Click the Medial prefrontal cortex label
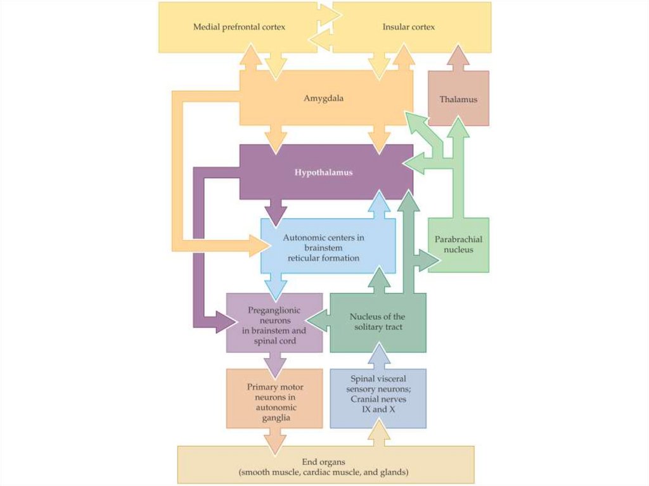click(239, 27)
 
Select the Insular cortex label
click(408, 27)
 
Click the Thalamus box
click(458, 99)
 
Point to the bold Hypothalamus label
click(324, 172)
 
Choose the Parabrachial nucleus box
click(458, 245)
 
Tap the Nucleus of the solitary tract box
click(378, 322)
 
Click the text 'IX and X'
click(378, 410)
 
